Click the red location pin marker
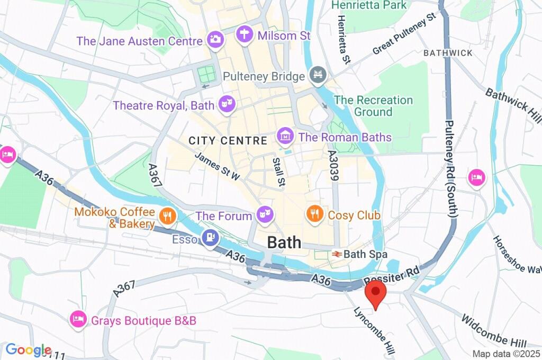click(x=376, y=293)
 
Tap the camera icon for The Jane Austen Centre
click(x=215, y=39)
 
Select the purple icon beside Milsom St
click(x=245, y=35)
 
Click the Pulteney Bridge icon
click(x=318, y=76)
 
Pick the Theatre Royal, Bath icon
click(x=227, y=104)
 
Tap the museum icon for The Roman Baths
click(x=285, y=136)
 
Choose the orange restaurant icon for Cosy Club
click(x=315, y=214)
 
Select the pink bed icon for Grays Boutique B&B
click(x=78, y=319)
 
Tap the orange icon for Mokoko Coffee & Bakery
click(x=167, y=214)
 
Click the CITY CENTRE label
click(x=228, y=141)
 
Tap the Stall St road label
click(x=278, y=173)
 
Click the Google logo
click(x=28, y=350)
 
